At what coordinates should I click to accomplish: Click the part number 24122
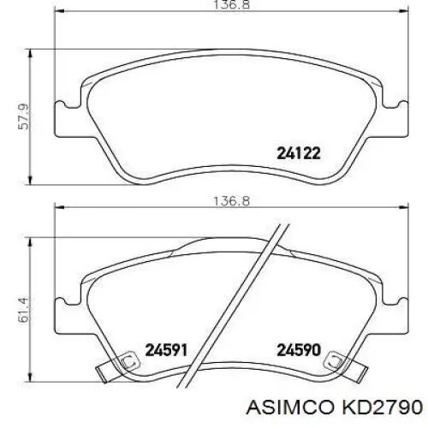(299, 153)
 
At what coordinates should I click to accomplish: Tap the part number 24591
(166, 350)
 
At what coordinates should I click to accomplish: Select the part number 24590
(299, 350)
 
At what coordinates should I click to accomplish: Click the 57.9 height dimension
(23, 116)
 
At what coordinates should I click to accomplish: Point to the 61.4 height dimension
(23, 310)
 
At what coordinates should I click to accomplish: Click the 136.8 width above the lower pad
(231, 201)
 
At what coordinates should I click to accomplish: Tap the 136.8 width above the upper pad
(231, 5)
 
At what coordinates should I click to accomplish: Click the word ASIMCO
(290, 407)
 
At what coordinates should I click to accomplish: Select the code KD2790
(382, 407)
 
